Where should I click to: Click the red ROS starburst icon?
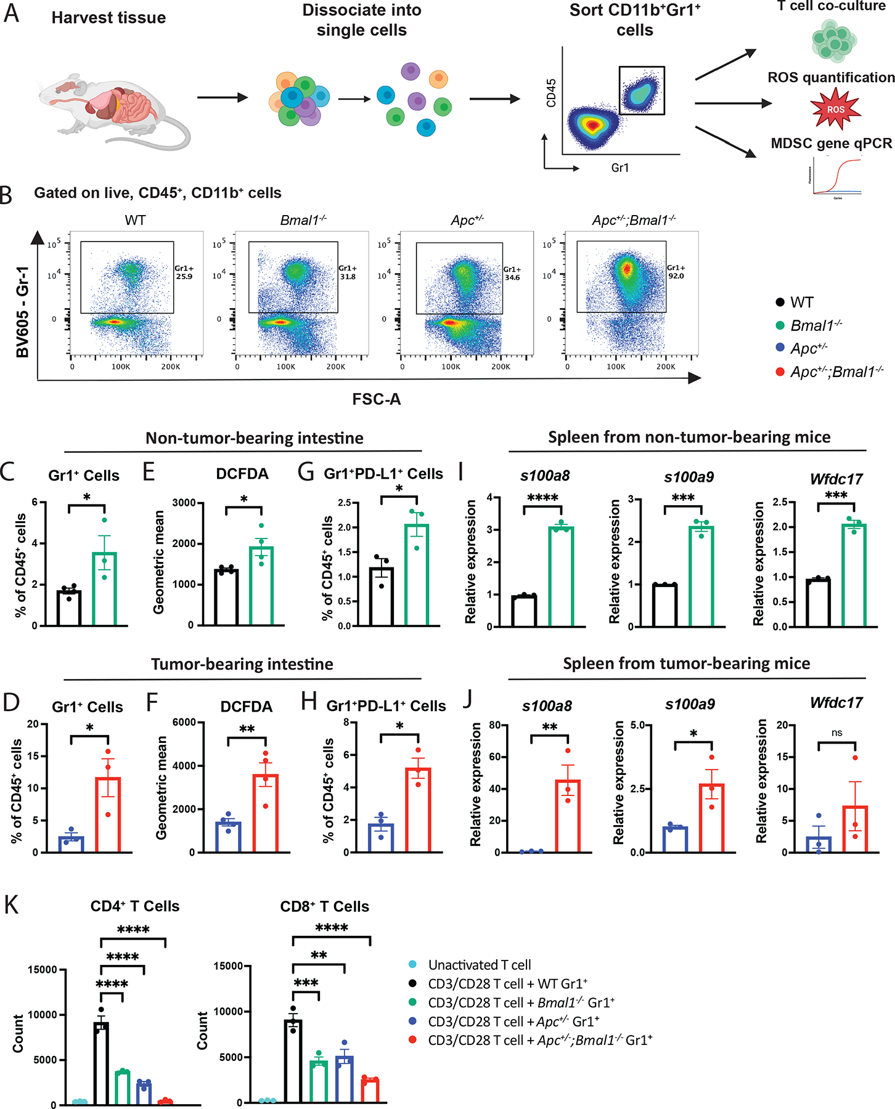click(835, 110)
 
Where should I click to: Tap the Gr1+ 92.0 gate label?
click(676, 272)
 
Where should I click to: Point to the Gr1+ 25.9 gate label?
click(184, 272)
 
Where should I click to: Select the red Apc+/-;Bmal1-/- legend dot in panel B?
click(780, 372)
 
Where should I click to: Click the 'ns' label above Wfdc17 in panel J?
click(836, 733)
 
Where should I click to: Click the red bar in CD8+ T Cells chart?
click(370, 1090)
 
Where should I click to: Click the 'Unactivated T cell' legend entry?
click(480, 965)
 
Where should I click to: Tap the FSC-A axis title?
click(377, 400)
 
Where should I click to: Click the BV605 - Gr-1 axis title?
click(23, 312)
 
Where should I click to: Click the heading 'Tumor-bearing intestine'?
click(242, 664)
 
